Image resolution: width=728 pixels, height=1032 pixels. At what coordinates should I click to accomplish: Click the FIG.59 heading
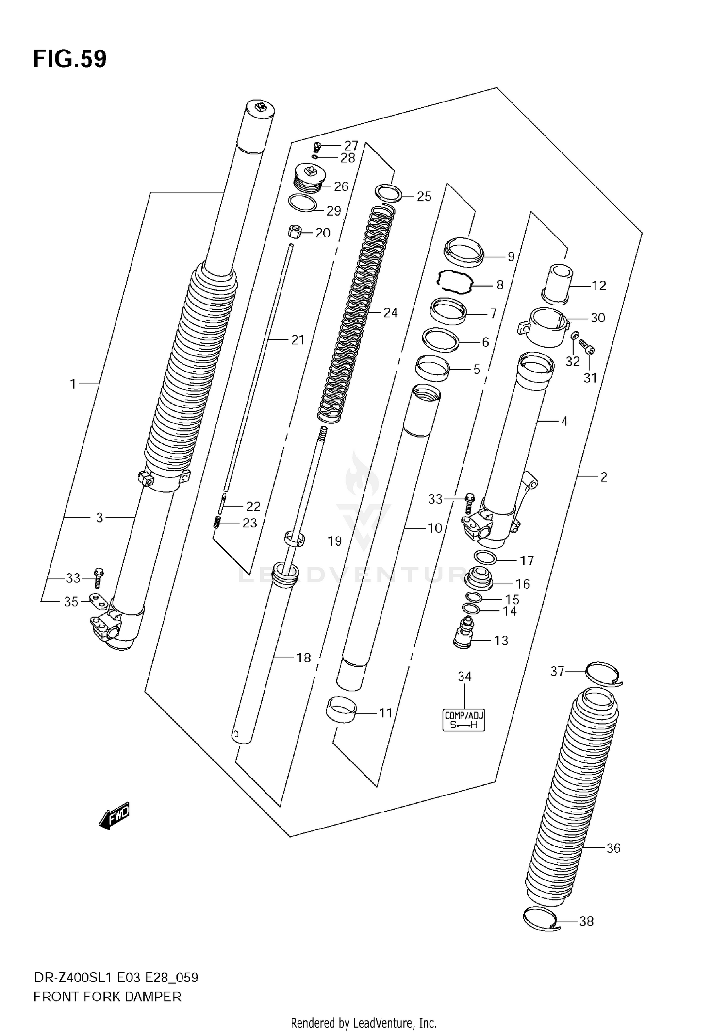point(70,59)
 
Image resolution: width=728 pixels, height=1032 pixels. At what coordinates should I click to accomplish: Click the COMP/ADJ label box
point(464,720)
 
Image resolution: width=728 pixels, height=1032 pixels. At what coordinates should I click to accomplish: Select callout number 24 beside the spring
point(390,313)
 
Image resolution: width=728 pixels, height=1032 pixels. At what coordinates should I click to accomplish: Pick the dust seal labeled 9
point(464,252)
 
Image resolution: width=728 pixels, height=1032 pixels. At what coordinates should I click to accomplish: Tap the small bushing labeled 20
point(295,231)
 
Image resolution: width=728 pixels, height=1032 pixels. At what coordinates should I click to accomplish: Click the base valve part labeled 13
point(465,632)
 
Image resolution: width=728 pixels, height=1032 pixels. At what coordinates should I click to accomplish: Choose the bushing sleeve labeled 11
point(340,711)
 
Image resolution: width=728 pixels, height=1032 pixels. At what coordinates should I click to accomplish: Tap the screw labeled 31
point(587,346)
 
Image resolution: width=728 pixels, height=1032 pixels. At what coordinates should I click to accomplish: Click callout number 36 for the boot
point(613,848)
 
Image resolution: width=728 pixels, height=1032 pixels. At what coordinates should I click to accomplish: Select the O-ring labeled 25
point(389,193)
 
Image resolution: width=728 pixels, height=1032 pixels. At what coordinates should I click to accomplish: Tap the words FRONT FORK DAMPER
point(107,997)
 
